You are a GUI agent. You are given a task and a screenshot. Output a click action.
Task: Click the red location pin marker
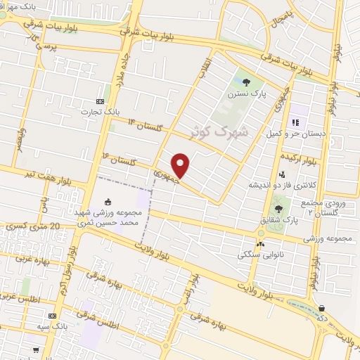(x=182, y=165)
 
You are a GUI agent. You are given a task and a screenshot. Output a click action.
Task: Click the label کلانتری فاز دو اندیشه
(x=278, y=186)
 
